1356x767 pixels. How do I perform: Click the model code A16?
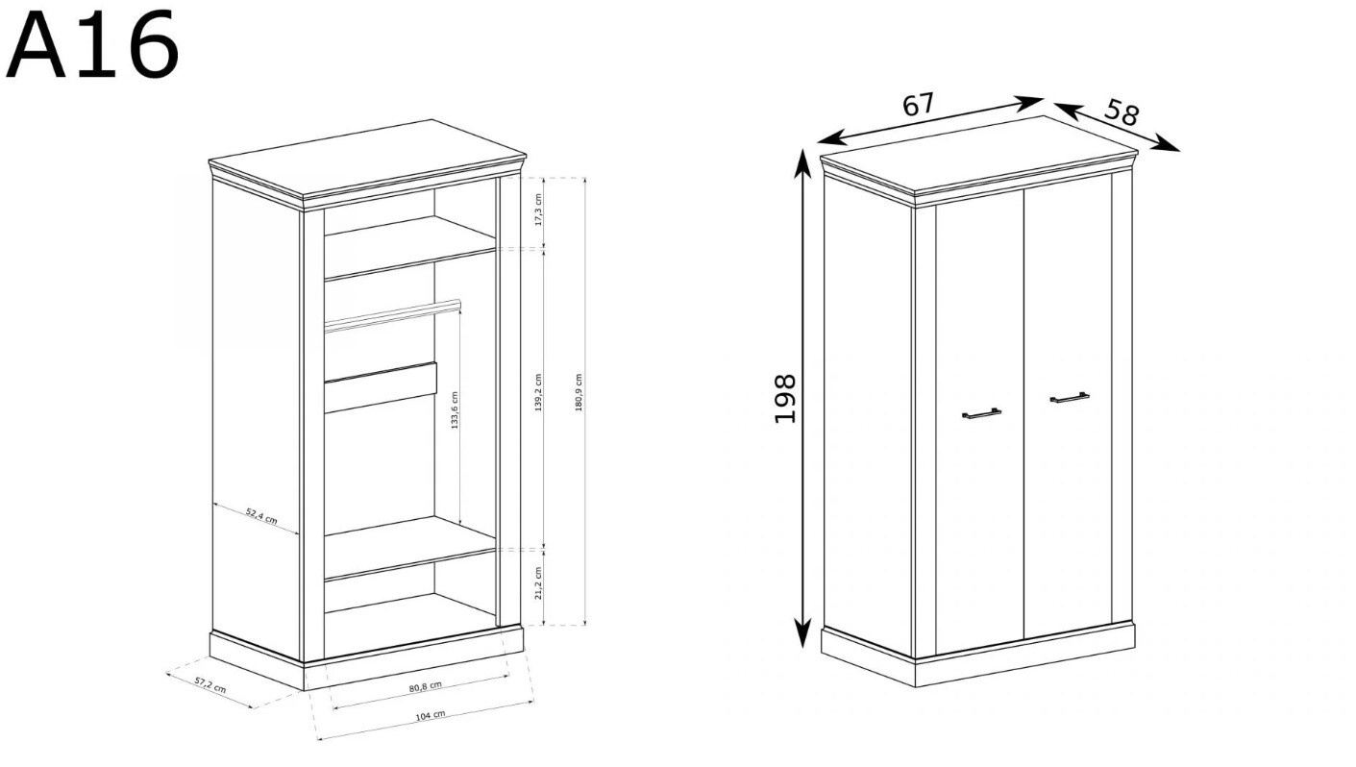click(x=92, y=45)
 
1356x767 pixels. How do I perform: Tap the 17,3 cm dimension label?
click(x=539, y=210)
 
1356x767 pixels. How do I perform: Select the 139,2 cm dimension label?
click(x=538, y=392)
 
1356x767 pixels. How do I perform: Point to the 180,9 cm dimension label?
click(x=579, y=392)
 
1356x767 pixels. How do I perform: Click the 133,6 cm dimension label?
click(x=455, y=409)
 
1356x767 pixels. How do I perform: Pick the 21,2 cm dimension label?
click(x=539, y=583)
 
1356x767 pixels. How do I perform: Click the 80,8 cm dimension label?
click(x=425, y=686)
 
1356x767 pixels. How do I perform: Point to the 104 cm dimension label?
click(x=430, y=715)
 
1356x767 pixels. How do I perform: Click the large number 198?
click(x=785, y=399)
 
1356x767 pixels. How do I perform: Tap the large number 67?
click(x=919, y=104)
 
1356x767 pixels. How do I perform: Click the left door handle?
click(x=981, y=413)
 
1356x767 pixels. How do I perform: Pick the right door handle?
click(x=1070, y=398)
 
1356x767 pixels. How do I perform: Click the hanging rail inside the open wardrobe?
click(x=392, y=315)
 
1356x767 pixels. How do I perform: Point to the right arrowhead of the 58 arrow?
click(x=1166, y=145)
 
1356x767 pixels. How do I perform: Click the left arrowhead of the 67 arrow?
click(x=831, y=138)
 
